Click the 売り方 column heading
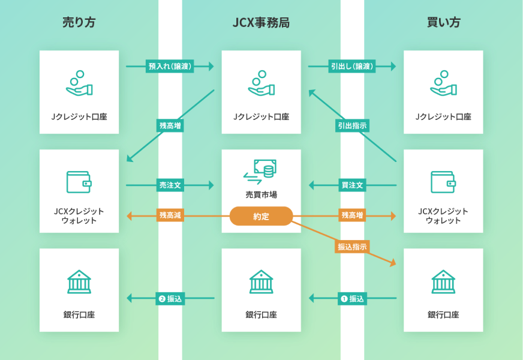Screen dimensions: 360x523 (79, 23)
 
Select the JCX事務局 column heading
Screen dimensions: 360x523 (261, 23)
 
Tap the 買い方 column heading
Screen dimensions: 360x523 (443, 23)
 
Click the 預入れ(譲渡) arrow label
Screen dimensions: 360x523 (170, 67)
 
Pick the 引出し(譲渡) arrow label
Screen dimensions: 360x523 (352, 67)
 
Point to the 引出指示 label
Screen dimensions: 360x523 (352, 125)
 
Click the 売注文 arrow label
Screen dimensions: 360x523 (170, 185)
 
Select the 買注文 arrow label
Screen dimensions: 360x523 (352, 185)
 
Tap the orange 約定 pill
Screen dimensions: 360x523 (261, 216)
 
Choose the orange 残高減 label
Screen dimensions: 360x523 (170, 215)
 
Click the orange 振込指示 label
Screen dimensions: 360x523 (352, 246)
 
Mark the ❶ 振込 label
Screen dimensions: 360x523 (352, 298)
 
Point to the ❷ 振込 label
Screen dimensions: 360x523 (170, 298)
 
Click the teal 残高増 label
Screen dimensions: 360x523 (170, 125)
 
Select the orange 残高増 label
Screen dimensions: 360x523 (352, 215)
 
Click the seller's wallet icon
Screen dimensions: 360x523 (79, 181)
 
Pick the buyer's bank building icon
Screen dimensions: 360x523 (443, 281)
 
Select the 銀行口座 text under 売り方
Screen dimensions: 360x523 (79, 314)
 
